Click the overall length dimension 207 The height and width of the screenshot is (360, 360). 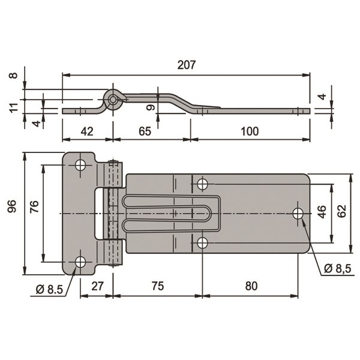tap(187, 65)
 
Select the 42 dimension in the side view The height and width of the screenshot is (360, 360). tap(88, 131)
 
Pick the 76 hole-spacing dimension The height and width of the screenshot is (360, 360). tap(34, 207)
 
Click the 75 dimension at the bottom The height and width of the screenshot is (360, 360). tap(157, 286)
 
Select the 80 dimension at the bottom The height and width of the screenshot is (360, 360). tap(251, 286)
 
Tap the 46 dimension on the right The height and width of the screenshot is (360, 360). tap(322, 212)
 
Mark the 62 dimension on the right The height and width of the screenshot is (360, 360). tap(342, 212)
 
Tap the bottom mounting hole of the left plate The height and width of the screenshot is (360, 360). tap(80, 262)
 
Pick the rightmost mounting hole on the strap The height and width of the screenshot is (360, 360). tap(298, 213)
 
